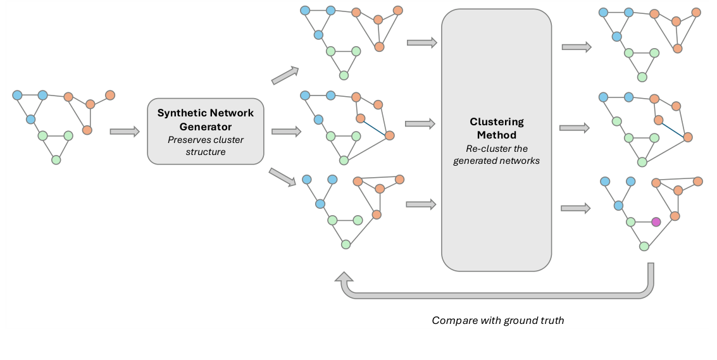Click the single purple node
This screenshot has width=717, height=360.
tap(656, 222)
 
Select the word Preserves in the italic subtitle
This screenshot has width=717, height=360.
tap(187, 140)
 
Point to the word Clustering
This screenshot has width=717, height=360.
tap(496, 121)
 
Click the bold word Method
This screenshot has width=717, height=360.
tap(496, 135)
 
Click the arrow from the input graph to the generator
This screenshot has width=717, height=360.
tap(124, 132)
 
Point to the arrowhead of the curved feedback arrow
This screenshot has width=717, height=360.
tap(344, 278)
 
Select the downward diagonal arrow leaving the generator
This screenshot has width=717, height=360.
tap(282, 177)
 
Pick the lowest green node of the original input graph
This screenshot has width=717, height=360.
tap(56, 159)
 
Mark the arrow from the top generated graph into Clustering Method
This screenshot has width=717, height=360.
tap(421, 43)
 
